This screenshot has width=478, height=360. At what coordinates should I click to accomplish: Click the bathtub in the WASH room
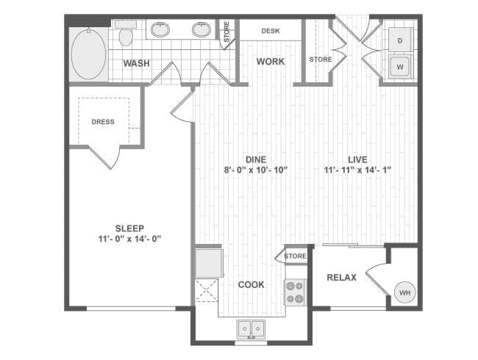click(88, 54)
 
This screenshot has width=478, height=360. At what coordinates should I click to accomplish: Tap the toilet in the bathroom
click(126, 33)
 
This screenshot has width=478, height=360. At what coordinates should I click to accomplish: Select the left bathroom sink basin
click(160, 30)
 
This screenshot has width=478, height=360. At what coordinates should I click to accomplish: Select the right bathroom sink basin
click(201, 30)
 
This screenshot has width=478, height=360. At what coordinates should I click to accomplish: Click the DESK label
click(271, 31)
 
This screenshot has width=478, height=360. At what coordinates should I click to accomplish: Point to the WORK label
click(271, 62)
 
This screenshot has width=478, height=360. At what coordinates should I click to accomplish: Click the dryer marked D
click(400, 40)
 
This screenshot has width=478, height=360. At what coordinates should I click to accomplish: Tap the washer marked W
click(400, 67)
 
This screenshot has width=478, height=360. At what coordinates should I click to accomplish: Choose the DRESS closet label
click(103, 122)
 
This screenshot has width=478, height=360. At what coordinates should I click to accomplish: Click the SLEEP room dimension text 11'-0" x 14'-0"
click(129, 239)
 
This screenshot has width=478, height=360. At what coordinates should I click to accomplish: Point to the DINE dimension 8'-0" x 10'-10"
click(256, 170)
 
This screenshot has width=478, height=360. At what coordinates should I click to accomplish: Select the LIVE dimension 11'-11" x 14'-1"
click(357, 170)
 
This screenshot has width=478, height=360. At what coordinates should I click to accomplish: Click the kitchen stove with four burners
click(295, 292)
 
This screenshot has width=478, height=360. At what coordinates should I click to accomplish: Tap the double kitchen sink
click(251, 329)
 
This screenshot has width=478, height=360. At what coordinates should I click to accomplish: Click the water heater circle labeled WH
click(405, 292)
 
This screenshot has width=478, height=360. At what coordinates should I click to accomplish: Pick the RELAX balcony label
click(341, 278)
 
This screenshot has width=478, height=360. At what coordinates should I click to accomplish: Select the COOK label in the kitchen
click(252, 285)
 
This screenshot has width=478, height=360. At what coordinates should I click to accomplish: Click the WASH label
click(136, 63)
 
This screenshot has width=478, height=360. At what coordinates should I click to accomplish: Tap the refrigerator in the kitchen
click(209, 263)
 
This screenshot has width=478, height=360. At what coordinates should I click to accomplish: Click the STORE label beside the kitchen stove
click(295, 256)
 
